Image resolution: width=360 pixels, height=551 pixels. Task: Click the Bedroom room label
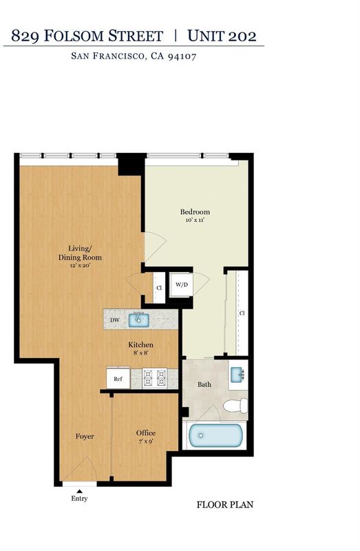(195, 212)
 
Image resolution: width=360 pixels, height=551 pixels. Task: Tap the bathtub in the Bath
(215, 435)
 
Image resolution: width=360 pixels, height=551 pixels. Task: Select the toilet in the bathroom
(235, 406)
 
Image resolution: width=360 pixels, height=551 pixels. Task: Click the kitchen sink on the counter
(139, 320)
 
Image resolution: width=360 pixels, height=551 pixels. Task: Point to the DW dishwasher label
(115, 320)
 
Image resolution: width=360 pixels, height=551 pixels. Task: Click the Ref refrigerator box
(118, 378)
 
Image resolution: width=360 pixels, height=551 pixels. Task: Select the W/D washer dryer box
(181, 284)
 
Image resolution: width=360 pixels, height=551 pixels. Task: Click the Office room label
(146, 433)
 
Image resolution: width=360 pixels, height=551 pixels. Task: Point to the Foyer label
(85, 437)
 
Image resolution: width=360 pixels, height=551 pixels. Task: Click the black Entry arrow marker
(80, 491)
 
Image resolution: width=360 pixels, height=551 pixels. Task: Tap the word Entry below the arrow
(79, 499)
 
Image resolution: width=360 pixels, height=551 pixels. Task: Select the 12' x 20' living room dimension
(80, 266)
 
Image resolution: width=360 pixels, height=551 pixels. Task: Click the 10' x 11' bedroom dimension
(195, 220)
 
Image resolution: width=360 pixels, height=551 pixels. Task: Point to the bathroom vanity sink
(237, 375)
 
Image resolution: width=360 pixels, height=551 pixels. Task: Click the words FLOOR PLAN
(225, 505)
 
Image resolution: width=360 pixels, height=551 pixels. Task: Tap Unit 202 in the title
(222, 36)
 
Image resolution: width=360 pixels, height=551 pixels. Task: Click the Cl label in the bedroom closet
(242, 313)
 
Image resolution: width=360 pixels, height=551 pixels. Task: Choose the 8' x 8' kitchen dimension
(140, 353)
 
